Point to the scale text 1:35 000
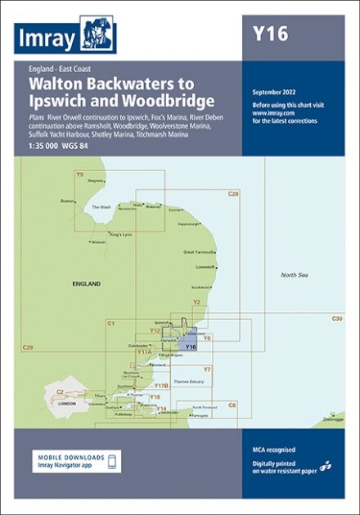pyautogui.click(x=46, y=146)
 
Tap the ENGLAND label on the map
pyautogui.click(x=86, y=283)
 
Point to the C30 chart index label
pyautogui.click(x=337, y=318)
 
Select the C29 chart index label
pyautogui.click(x=28, y=349)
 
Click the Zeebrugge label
pyautogui.click(x=334, y=418)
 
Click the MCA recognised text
pyautogui.click(x=274, y=449)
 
